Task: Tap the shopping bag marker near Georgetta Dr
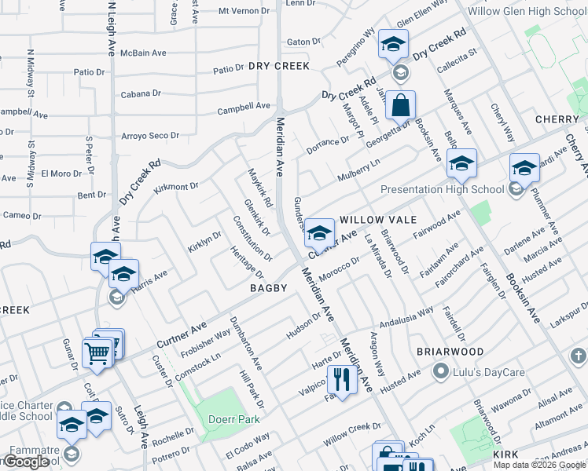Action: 400,105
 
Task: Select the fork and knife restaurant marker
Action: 340,381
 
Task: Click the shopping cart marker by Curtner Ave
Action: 97,352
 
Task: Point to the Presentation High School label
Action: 442,189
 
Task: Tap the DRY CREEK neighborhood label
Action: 279,67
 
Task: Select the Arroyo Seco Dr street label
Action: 149,136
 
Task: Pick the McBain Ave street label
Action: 144,53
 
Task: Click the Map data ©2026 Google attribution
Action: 539,465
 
